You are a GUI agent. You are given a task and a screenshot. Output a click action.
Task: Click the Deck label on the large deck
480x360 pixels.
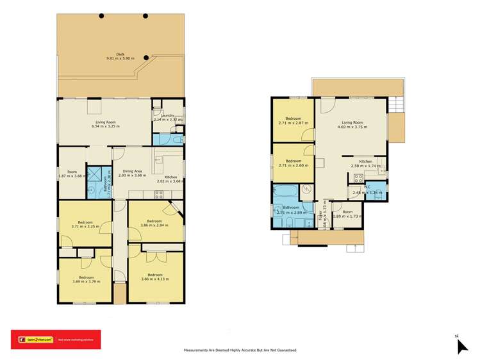click(120, 55)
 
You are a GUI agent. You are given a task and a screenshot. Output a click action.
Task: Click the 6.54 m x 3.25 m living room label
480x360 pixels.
click(106, 123)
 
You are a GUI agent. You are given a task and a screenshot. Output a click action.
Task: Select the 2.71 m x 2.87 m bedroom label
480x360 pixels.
click(294, 119)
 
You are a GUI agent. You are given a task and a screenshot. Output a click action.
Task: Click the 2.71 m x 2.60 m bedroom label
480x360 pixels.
click(294, 161)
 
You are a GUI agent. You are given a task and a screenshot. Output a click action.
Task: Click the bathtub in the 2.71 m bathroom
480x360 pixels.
click(285, 191)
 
